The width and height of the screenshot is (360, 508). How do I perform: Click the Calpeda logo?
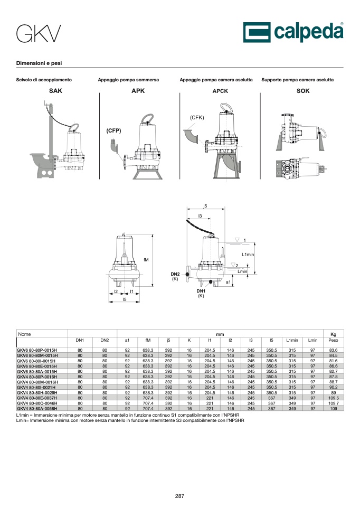[x=293, y=32]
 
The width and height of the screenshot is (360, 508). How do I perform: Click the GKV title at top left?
[x=39, y=34]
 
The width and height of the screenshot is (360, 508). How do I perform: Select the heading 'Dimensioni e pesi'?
[x=39, y=63]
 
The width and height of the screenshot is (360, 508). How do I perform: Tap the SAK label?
[x=55, y=91]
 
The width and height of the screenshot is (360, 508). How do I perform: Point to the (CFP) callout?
[x=113, y=130]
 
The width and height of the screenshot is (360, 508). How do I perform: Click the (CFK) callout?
[x=197, y=117]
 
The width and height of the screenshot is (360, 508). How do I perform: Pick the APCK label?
[x=220, y=91]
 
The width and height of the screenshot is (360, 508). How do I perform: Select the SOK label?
[x=303, y=91]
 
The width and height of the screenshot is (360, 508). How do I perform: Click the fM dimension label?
[x=146, y=260]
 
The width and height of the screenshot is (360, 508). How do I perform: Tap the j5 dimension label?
[x=205, y=206]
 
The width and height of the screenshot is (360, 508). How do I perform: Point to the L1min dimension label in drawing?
[x=248, y=255]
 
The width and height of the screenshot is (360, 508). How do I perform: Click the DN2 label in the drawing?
[x=175, y=274]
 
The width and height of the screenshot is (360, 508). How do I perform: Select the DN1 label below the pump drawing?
[x=201, y=291]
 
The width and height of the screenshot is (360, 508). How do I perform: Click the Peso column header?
[x=333, y=340]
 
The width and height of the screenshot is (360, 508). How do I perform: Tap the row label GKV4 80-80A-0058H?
[x=37, y=409]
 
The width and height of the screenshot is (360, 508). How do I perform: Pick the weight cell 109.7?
[x=334, y=403]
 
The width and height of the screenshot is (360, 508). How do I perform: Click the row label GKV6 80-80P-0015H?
[x=37, y=350]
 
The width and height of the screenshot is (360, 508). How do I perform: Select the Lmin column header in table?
[x=312, y=340]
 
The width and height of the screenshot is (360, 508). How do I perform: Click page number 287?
[x=179, y=496]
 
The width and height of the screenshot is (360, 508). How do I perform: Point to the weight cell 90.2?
[x=334, y=387]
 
